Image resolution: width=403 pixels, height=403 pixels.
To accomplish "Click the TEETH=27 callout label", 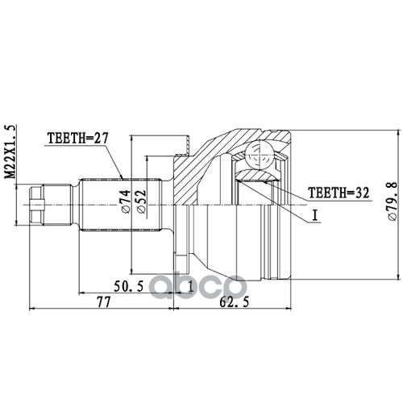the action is (77, 139).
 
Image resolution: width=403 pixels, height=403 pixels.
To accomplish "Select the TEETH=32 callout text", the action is (339, 193).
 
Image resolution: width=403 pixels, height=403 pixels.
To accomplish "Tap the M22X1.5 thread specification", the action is (10, 152).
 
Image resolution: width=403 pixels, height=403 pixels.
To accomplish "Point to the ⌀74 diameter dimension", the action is (126, 201).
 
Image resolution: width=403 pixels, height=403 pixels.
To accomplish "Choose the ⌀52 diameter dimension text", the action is (141, 201).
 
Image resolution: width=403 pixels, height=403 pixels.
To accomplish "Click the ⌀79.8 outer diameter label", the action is (392, 201).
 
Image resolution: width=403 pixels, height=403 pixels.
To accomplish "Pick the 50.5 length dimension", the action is (129, 286).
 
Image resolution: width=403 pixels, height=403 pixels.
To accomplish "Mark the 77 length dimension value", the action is (104, 302).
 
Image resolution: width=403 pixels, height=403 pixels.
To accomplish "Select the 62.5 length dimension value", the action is (234, 302).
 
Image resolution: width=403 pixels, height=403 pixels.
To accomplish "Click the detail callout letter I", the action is (315, 215).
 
